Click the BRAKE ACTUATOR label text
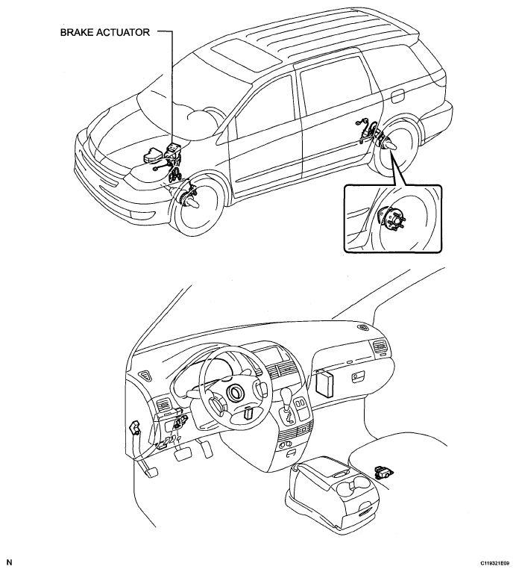click(x=105, y=32)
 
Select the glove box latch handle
click(x=356, y=378)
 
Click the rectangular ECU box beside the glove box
click(x=325, y=382)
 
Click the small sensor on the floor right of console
click(x=384, y=473)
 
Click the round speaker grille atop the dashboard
click(x=363, y=328)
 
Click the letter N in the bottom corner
click(x=10, y=562)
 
